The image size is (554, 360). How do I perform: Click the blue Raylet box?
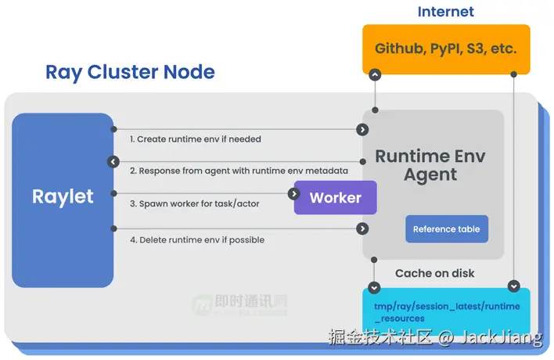(x=63, y=200)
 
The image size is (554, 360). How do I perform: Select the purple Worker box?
(x=336, y=197)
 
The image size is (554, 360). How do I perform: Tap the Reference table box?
(x=447, y=229)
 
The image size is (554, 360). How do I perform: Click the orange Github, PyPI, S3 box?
(x=446, y=49)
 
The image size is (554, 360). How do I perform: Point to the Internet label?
(x=445, y=12)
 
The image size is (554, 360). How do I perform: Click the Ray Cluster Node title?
(x=130, y=73)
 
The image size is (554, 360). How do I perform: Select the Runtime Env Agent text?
(x=430, y=165)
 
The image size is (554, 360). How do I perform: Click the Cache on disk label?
(x=434, y=273)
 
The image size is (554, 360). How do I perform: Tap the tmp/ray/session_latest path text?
(x=447, y=312)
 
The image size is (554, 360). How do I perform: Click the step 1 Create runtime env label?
(x=196, y=139)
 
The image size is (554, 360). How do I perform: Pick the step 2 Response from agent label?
(x=239, y=171)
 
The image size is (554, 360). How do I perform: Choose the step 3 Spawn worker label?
(x=194, y=203)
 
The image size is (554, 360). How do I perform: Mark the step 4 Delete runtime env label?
(x=197, y=240)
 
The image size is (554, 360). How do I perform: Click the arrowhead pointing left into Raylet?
(x=113, y=162)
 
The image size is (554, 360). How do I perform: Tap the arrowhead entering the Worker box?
(x=294, y=193)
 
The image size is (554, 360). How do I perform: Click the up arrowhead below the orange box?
(x=375, y=75)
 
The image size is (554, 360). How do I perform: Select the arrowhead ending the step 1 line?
(x=362, y=130)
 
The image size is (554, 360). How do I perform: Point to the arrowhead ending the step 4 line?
(x=362, y=229)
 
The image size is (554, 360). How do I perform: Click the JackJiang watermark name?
(x=501, y=338)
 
